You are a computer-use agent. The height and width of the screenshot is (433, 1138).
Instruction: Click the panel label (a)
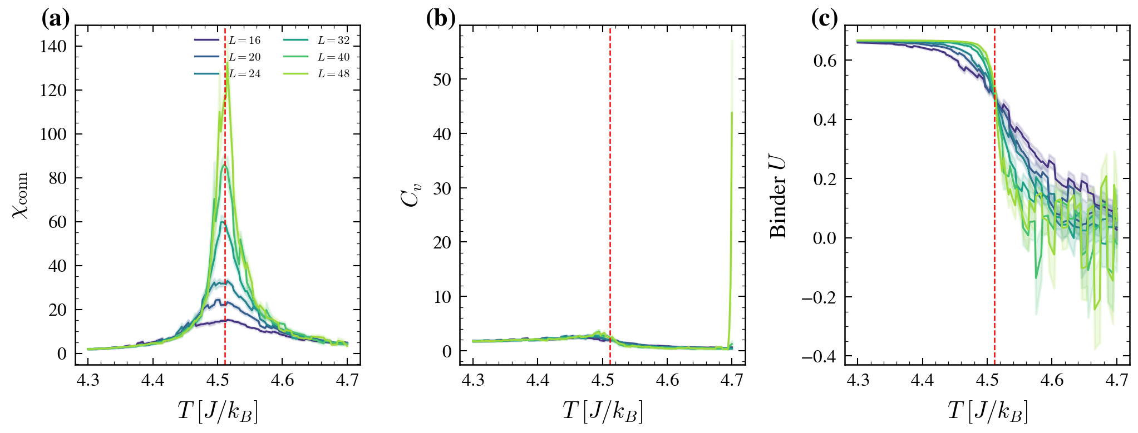point(55,19)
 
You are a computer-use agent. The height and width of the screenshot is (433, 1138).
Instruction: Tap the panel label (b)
point(440,19)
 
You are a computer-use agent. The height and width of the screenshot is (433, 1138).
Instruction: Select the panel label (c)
point(824,19)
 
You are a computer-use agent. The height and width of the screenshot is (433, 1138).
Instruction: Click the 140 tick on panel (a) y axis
point(53,47)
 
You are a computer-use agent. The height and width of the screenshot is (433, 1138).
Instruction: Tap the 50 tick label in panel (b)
point(442,79)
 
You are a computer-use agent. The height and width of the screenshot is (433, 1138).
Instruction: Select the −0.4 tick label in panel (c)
point(819,357)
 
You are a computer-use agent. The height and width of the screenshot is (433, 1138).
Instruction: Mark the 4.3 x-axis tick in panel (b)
point(473,381)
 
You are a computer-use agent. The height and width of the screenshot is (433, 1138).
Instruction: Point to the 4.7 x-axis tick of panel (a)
point(347,381)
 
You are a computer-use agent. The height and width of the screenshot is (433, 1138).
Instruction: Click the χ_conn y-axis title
point(21,195)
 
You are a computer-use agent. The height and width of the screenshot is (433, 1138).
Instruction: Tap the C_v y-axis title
point(411,195)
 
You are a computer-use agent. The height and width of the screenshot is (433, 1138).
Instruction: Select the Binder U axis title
point(778,195)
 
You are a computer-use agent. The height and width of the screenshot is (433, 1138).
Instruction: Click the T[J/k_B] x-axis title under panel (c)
point(987,412)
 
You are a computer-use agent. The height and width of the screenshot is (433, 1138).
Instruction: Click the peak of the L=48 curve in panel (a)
point(228,63)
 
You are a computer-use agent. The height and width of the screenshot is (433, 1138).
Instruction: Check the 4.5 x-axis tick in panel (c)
point(987,381)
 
